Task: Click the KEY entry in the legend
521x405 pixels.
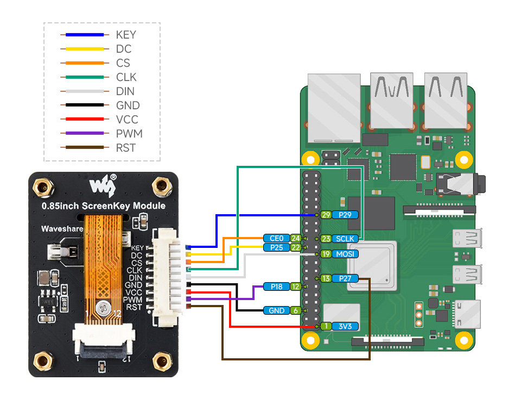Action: coord(125,35)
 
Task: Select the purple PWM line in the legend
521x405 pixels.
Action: coord(82,134)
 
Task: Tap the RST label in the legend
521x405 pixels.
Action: coord(125,148)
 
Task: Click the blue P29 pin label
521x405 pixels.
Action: coord(345,215)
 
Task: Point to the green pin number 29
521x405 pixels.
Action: coord(326,215)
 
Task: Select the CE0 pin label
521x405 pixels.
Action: coord(276,238)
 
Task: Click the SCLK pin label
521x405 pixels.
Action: coord(345,239)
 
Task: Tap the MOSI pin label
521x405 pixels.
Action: coord(345,254)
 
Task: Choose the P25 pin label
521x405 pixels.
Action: coord(276,247)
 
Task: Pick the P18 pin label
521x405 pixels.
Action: coord(276,286)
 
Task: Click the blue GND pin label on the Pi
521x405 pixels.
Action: coord(276,310)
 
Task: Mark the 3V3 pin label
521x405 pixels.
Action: coord(345,326)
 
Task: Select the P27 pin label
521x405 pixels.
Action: coord(345,278)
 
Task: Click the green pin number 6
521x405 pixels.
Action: coord(295,310)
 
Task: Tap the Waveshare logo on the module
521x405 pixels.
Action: coord(103,186)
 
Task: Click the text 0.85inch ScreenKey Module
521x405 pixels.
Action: coord(103,206)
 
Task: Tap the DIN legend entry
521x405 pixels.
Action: coord(125,91)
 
